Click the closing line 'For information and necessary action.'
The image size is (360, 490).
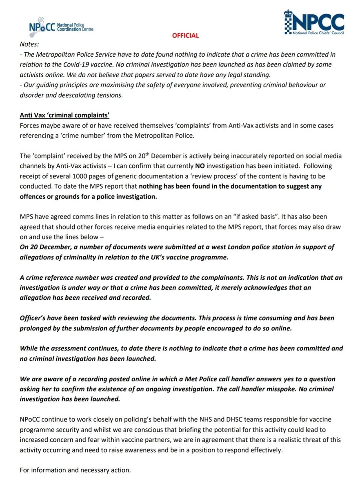[x=76, y=470]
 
